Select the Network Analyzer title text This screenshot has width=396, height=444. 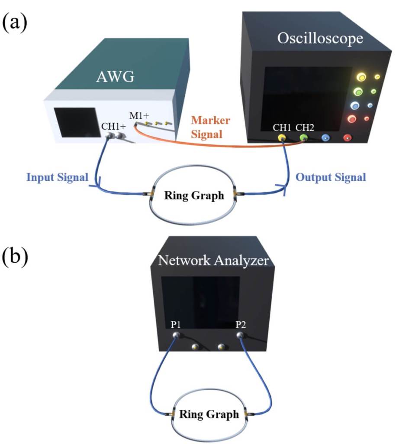213,261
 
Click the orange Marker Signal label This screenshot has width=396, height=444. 211,127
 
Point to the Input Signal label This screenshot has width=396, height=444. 58,177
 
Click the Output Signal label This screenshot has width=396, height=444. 331,177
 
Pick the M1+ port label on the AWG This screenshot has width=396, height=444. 139,116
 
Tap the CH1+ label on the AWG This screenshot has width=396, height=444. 114,127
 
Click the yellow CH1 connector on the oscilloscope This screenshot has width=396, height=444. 282,138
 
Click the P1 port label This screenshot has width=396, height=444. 176,325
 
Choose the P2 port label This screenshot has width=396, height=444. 241,325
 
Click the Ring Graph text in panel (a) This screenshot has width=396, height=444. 194,196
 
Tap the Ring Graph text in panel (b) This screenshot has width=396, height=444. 209,414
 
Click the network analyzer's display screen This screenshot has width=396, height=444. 200,299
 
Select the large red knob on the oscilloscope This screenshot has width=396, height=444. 352,118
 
